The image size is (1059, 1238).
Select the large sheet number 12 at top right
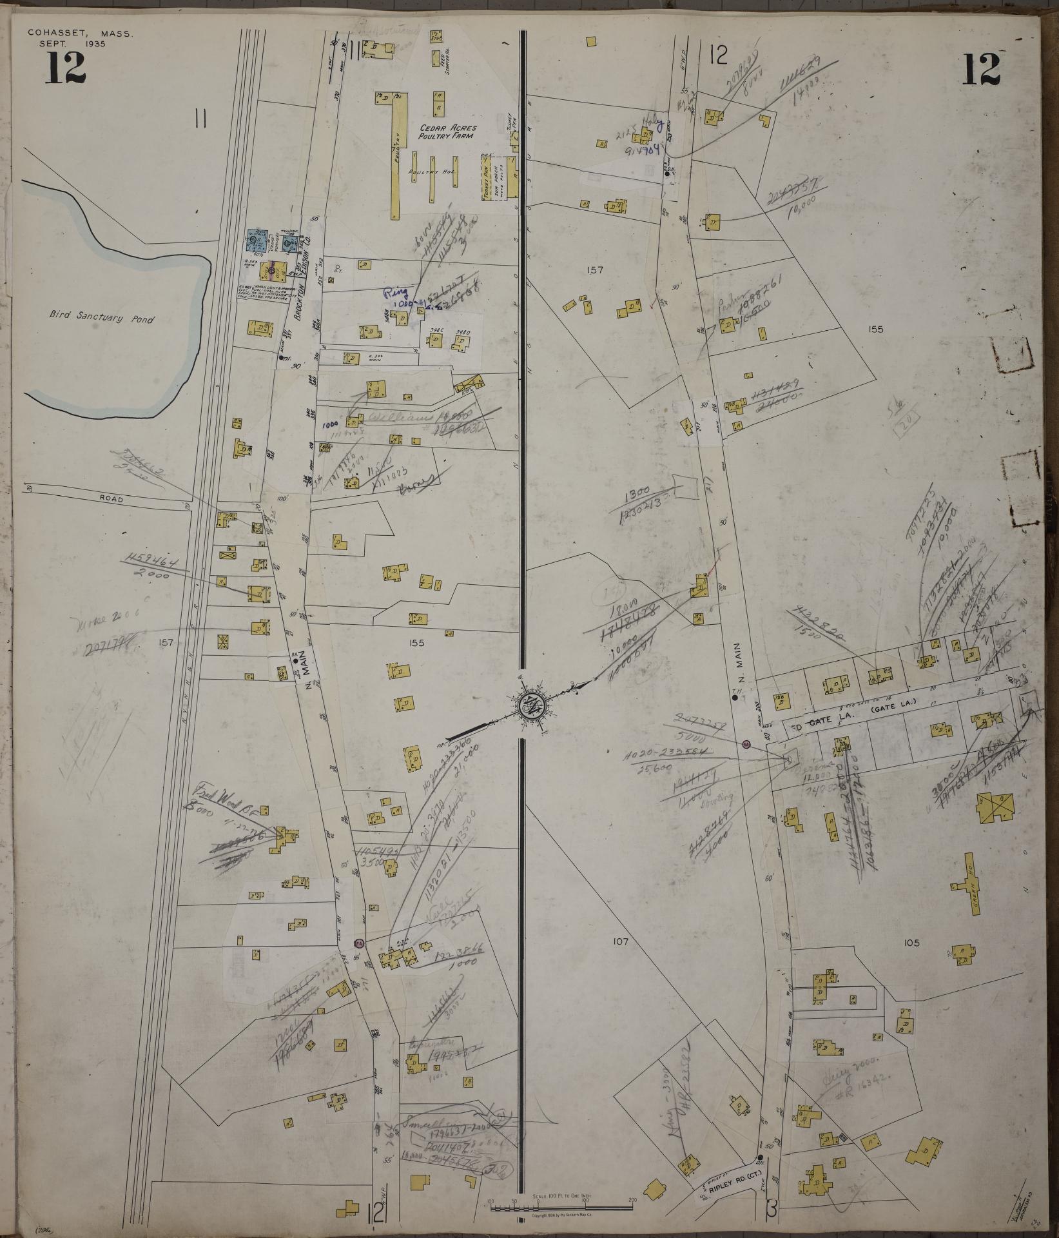coord(982,69)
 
